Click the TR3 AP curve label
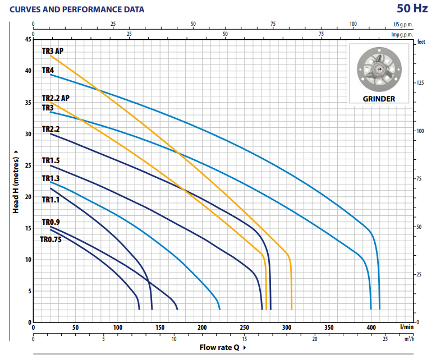point(52,51)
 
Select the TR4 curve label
point(48,70)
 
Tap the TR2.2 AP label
point(56,98)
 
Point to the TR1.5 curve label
point(51,160)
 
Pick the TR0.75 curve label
point(50,239)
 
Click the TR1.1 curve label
point(51,199)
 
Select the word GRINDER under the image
point(379,99)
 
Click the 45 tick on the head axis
point(28,39)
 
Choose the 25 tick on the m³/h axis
point(385,339)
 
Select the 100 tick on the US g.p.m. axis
point(353,24)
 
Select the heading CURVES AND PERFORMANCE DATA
point(77,10)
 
